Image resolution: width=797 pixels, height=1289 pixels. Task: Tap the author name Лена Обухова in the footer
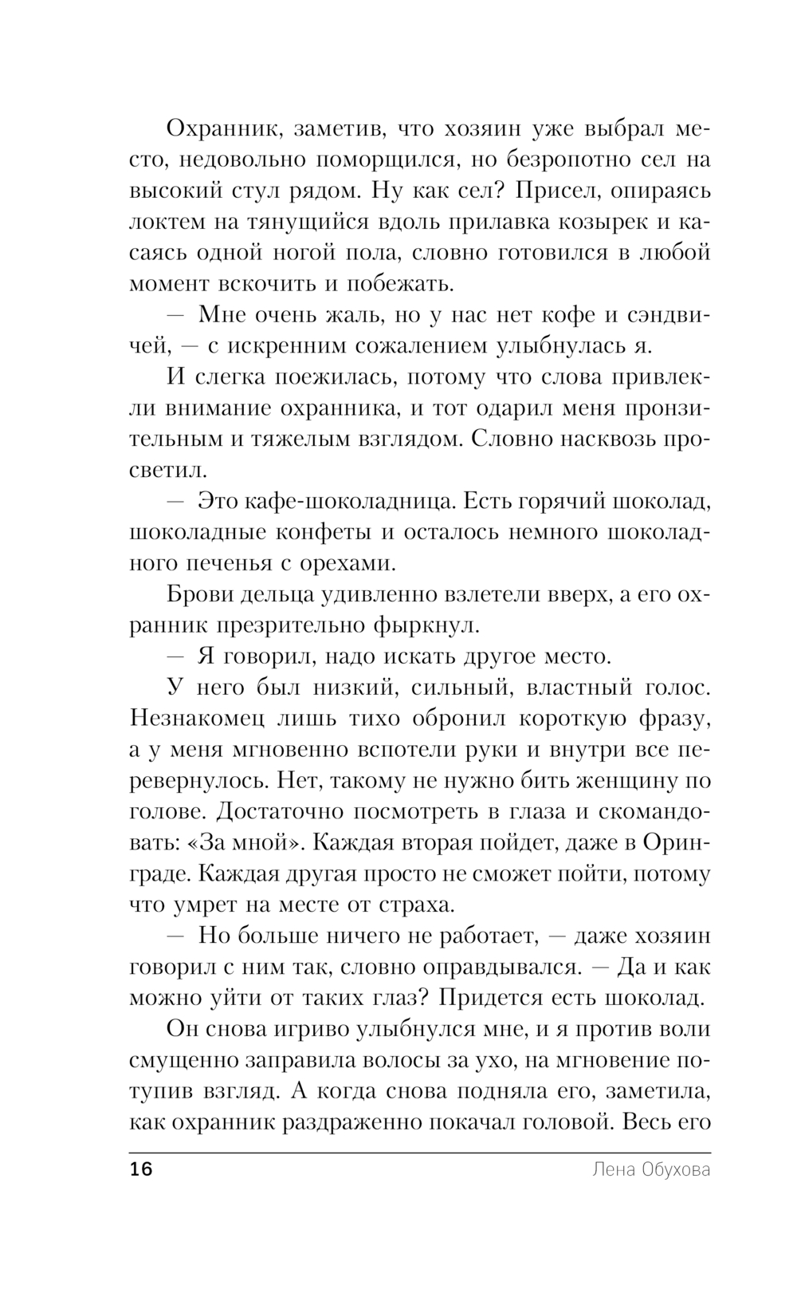(651, 1170)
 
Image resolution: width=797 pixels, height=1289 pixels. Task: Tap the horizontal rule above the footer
(418, 1153)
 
